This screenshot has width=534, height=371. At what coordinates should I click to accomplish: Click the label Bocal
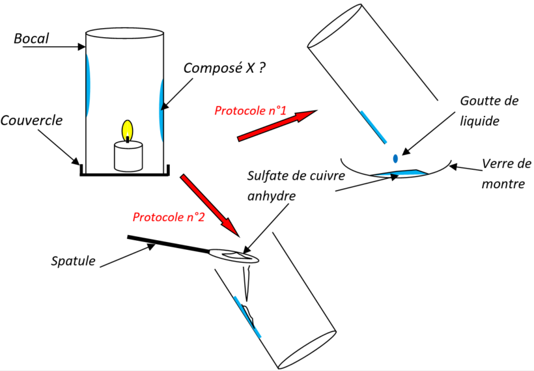click(x=31, y=39)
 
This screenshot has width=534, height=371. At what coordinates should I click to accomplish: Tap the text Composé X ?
click(x=224, y=68)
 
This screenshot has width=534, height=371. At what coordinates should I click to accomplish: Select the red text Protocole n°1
click(x=251, y=110)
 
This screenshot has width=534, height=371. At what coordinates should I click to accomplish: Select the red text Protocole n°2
click(x=169, y=217)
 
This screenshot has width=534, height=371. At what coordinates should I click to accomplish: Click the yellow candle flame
click(x=128, y=130)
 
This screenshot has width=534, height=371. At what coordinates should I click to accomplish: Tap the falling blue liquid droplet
click(x=395, y=158)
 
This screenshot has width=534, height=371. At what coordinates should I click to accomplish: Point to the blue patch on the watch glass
click(x=399, y=172)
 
